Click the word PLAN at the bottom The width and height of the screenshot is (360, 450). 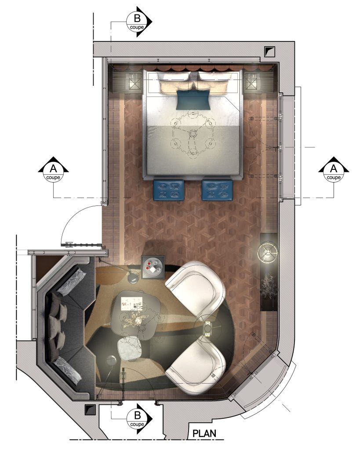click(204, 433)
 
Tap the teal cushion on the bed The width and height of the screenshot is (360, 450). click(193, 99)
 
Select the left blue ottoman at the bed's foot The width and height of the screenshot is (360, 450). click(168, 190)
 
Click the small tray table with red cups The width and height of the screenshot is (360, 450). click(153, 267)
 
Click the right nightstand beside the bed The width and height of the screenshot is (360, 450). click(252, 81)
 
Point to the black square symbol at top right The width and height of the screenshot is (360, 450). click(269, 51)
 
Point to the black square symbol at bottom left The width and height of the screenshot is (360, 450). click(90, 410)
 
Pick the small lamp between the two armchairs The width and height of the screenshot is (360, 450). click(208, 329)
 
